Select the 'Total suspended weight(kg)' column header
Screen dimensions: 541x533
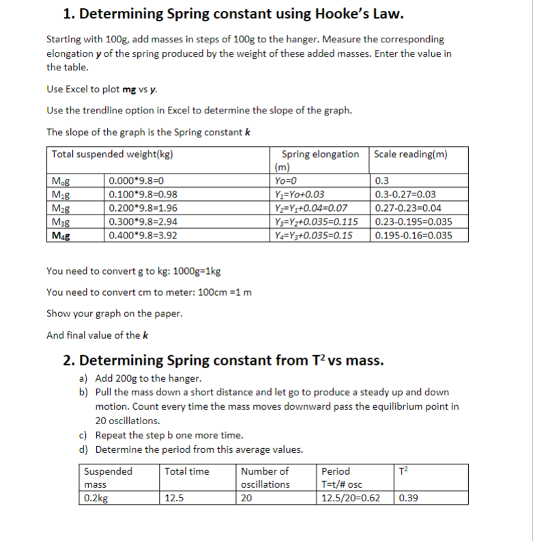(x=112, y=154)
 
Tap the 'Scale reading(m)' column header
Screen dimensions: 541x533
(x=411, y=154)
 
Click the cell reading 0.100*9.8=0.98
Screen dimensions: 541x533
(x=143, y=195)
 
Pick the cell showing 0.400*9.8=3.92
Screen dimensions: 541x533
(x=143, y=236)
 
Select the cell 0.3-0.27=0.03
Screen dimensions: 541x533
(x=406, y=195)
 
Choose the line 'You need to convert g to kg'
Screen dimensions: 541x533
(x=133, y=271)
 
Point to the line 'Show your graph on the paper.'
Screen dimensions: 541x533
(x=114, y=314)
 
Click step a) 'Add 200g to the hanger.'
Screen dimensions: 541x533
(x=148, y=378)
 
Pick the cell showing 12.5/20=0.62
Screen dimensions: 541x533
(x=351, y=498)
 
